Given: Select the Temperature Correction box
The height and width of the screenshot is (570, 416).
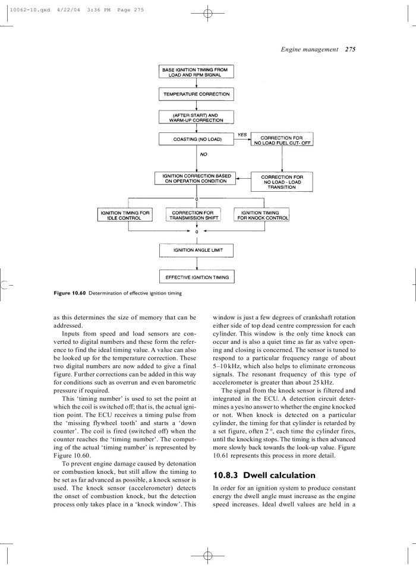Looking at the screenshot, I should coord(196,94).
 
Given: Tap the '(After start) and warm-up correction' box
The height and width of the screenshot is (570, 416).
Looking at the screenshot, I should coord(196,117).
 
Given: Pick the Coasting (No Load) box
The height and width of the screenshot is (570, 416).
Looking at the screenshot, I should coord(196,140).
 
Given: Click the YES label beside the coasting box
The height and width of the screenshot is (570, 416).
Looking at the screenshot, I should coord(242,134).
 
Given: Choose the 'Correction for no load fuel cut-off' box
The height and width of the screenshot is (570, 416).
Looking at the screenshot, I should coord(283,140).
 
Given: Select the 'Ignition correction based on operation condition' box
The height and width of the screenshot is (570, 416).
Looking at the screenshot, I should coord(196,178).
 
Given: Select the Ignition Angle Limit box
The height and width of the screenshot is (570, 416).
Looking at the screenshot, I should coord(196,251).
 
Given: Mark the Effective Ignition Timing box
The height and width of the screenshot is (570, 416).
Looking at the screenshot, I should coord(196,277).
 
